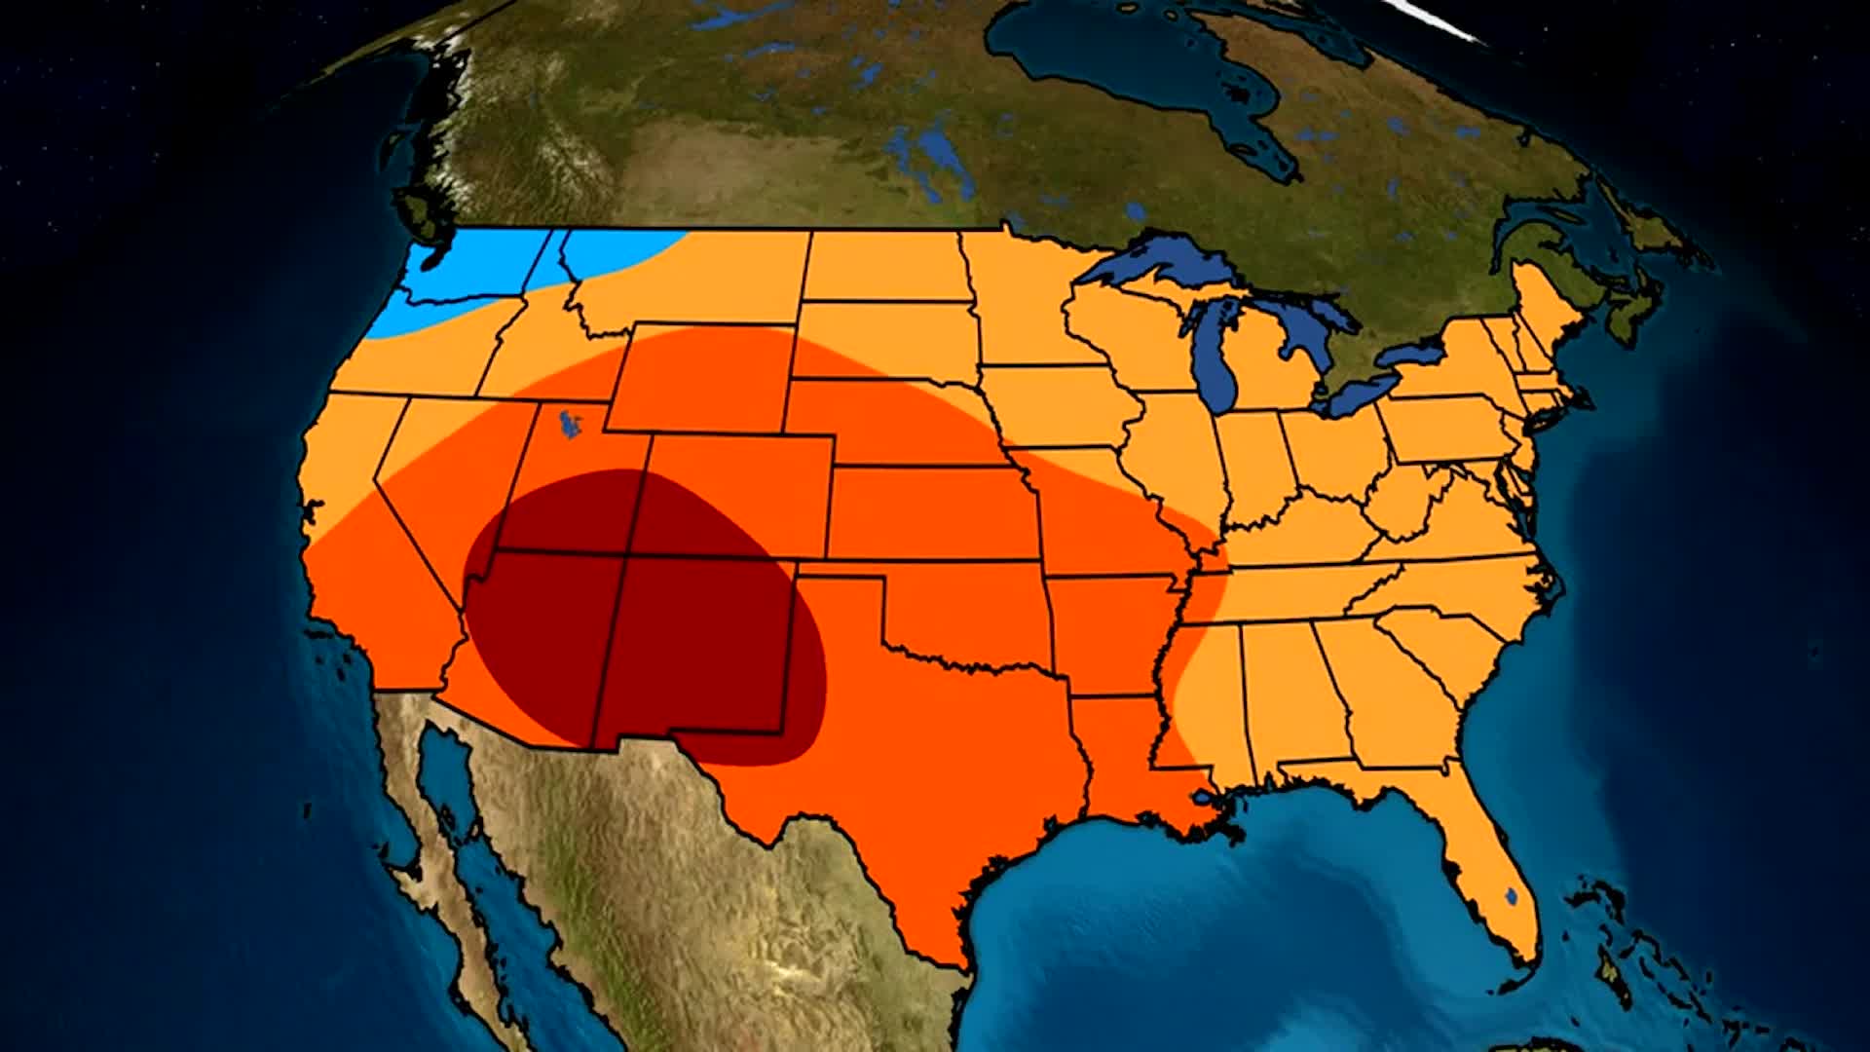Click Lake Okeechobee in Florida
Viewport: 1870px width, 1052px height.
[1510, 893]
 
